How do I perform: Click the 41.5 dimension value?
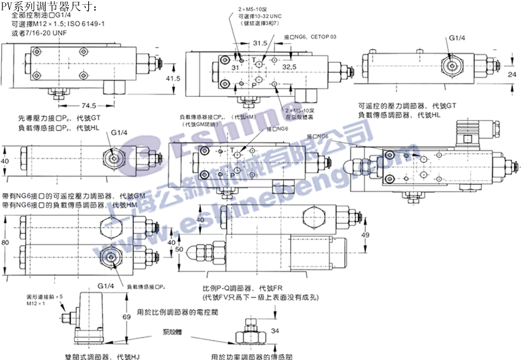(x=172, y=79)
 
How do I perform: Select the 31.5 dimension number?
(x=259, y=43)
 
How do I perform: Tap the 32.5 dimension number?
(x=290, y=67)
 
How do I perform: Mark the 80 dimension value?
(x=5, y=242)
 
